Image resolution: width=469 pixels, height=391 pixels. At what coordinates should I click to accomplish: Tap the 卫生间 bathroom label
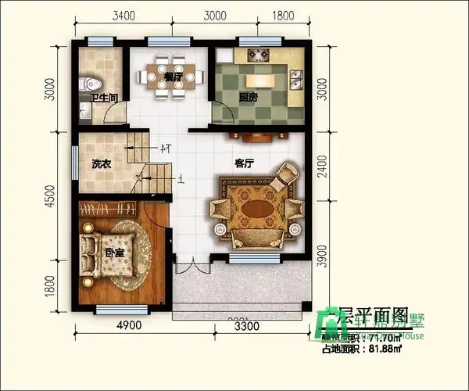(103, 99)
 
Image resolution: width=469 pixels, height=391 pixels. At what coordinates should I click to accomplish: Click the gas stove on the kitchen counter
(259, 56)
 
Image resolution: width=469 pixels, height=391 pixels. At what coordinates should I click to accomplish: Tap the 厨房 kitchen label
(249, 99)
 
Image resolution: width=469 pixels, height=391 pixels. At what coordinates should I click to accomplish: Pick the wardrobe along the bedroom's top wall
(109, 208)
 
